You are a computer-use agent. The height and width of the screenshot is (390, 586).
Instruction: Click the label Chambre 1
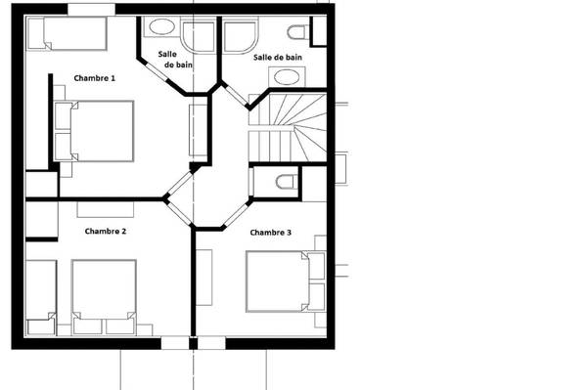pyautogui.click(x=95, y=78)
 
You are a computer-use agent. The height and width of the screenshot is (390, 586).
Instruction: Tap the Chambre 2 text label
pyautogui.click(x=106, y=232)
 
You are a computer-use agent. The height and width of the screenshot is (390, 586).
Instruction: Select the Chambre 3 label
pyautogui.click(x=271, y=233)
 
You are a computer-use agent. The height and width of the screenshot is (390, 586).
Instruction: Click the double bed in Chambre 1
pyautogui.click(x=94, y=131)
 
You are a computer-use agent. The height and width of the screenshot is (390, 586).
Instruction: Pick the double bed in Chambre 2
pyautogui.click(x=104, y=297)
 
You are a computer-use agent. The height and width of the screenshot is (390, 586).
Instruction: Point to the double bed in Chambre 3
pyautogui.click(x=286, y=282)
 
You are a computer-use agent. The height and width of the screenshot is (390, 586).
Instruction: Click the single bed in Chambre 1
pyautogui.click(x=68, y=33)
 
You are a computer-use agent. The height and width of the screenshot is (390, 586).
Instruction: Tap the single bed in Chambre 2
pyautogui.click(x=41, y=297)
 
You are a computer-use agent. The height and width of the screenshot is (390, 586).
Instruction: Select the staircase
pyautogui.click(x=288, y=128)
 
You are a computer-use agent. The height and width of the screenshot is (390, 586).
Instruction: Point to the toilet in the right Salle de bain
pyautogui.click(x=298, y=32)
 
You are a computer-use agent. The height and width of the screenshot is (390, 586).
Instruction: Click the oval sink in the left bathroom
pyautogui.click(x=161, y=26)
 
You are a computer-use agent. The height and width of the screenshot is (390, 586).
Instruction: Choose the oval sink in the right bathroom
pyautogui.click(x=287, y=77)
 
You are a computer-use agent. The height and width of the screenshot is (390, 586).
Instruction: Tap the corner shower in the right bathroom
pyautogui.click(x=241, y=36)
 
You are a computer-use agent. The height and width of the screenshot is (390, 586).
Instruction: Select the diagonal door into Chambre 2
pyautogui.click(x=179, y=213)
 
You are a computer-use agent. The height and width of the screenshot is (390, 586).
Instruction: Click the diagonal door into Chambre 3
pyautogui.click(x=237, y=215)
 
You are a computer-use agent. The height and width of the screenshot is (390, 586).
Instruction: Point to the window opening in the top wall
pyautogui.click(x=91, y=10)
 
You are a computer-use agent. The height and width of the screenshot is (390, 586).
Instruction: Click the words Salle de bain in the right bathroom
pyautogui.click(x=278, y=57)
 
